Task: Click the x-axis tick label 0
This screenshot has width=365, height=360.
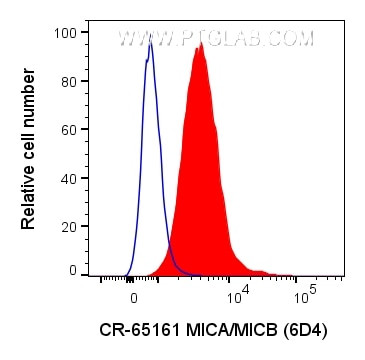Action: [x=133, y=297]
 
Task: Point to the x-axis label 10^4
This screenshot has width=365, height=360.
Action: [x=238, y=295]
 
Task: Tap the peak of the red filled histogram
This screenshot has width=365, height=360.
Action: [x=201, y=44]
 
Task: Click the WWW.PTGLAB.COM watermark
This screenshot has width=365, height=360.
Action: [x=215, y=39]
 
